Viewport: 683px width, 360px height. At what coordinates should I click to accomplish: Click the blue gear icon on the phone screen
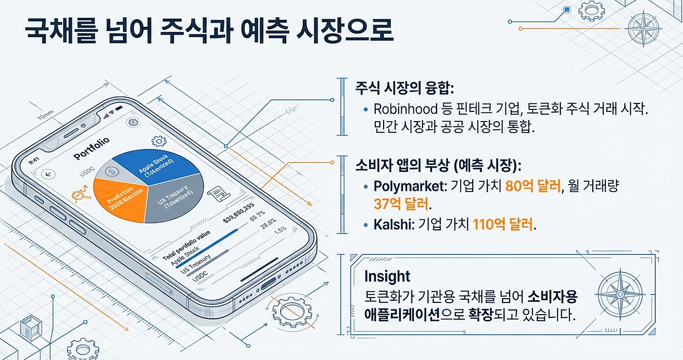click(159, 141)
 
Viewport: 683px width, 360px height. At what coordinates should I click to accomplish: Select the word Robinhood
click(405, 110)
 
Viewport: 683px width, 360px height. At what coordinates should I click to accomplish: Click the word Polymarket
click(408, 187)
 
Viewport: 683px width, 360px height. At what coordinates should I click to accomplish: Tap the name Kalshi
click(391, 225)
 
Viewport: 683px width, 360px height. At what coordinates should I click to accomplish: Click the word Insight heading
click(387, 276)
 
